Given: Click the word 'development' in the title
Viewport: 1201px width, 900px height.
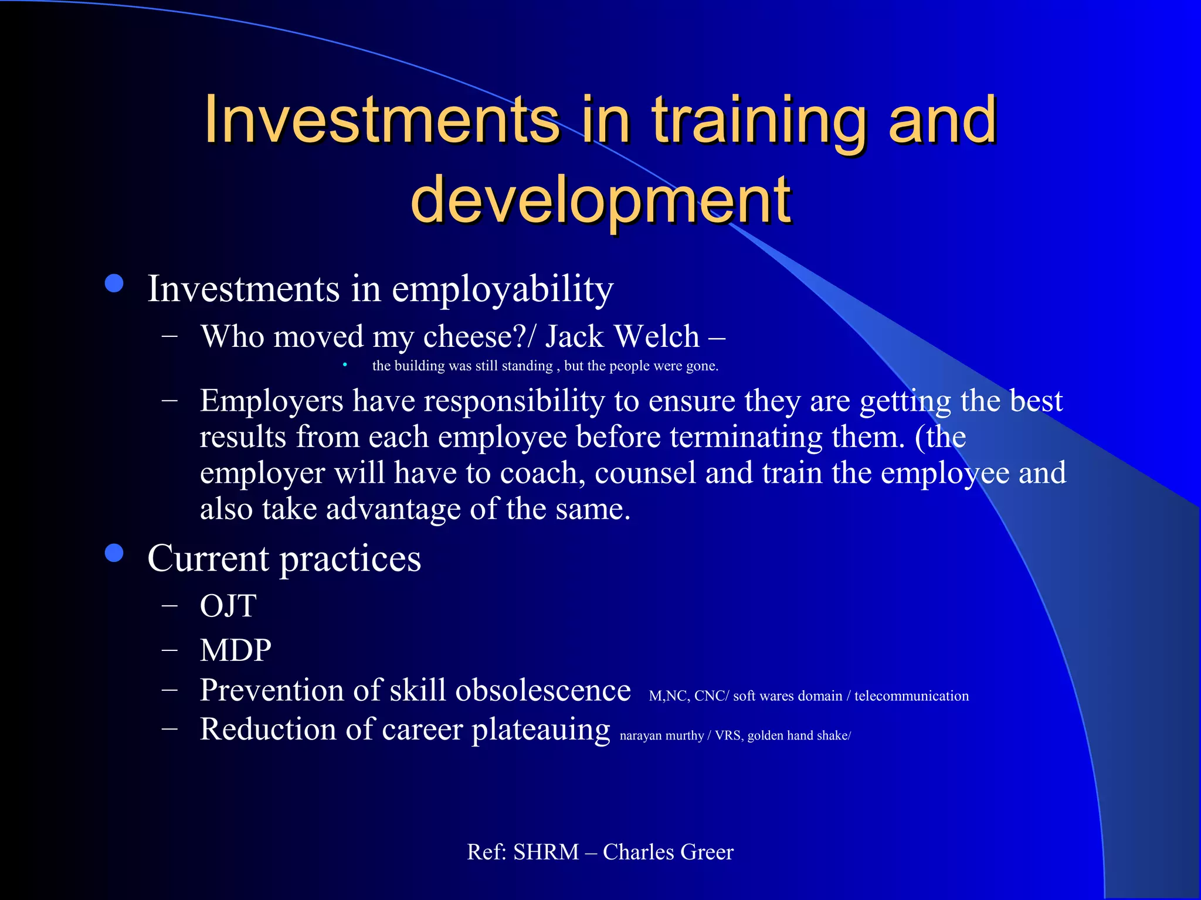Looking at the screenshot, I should coord(600,200).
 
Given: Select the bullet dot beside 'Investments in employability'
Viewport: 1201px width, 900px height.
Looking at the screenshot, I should coord(114,284).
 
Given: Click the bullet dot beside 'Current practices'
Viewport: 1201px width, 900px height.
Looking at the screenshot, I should coord(114,553).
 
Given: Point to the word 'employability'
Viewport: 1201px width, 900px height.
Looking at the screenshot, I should coord(502,289).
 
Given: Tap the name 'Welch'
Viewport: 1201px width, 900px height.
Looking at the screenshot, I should coord(657,337).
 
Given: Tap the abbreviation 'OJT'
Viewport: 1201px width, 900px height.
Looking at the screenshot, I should coord(228,606).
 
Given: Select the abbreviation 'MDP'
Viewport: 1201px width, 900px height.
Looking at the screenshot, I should coord(235,650).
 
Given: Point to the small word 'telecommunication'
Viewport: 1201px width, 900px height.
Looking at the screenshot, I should coord(911,696).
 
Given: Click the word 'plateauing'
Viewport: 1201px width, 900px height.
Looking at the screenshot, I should coord(541,730).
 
